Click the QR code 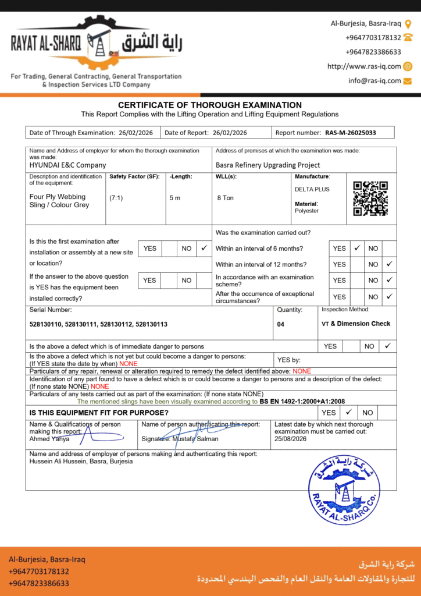point(370,198)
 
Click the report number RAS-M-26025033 point(350,133)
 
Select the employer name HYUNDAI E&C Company point(68,165)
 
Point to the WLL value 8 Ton point(225,198)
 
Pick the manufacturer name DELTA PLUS point(312,189)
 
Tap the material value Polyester point(306,211)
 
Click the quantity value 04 point(281,324)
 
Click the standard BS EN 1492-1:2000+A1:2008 point(302,402)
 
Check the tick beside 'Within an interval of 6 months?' point(357,248)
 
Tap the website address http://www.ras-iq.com point(364,66)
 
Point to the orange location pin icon point(408,24)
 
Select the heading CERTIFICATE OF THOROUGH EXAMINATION point(210,105)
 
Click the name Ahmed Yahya point(49,439)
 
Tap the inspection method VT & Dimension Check point(356,324)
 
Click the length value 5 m point(175,198)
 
